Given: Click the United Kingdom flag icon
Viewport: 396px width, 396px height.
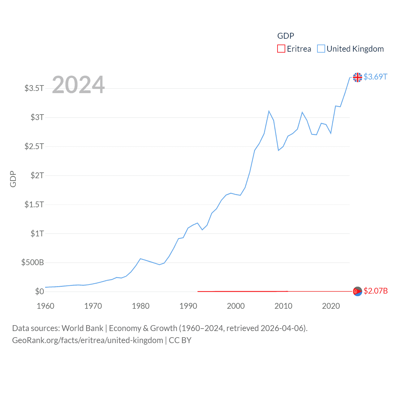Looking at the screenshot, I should (x=357, y=77).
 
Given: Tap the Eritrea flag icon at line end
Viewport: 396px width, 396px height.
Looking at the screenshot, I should (x=357, y=291).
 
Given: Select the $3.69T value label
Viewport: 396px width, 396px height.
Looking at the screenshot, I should (x=375, y=77).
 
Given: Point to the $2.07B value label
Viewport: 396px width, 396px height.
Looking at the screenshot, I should (x=376, y=291).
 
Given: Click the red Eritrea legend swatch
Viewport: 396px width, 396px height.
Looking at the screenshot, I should (x=281, y=49).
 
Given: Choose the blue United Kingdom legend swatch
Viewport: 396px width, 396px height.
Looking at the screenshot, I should (x=321, y=49).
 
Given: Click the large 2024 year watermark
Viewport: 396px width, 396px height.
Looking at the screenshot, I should (x=78, y=85).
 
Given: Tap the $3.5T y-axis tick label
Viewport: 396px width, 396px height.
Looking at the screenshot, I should (x=34, y=88).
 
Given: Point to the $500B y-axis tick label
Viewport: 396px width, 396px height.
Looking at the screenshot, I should (x=32, y=263).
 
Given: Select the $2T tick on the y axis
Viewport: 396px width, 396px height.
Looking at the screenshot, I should (x=37, y=175).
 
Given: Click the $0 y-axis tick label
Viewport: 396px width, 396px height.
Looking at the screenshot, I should (x=39, y=291).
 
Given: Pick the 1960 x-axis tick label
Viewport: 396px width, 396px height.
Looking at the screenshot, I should (x=45, y=306).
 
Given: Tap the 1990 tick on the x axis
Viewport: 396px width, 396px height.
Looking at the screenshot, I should (x=188, y=306).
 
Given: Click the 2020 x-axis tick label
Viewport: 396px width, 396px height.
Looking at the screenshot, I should (x=331, y=306).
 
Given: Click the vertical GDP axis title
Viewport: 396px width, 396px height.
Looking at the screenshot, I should (x=13, y=179).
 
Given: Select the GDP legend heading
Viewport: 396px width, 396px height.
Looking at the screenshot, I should (x=286, y=36).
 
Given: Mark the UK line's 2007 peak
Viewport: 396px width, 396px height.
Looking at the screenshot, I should (x=269, y=111).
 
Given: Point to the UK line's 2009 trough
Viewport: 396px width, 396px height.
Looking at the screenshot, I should (x=278, y=150).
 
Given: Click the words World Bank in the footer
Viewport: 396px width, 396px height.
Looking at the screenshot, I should (x=83, y=328).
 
